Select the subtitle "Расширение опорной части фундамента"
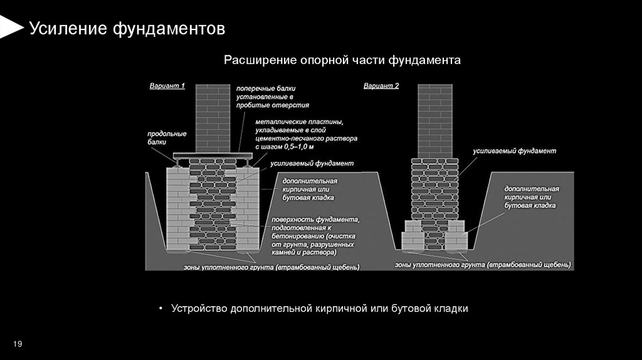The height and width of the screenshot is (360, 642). point(342,60)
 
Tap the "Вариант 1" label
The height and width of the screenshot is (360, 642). point(167,86)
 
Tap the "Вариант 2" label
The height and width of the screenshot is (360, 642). point(381,86)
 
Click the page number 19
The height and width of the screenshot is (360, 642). point(18,344)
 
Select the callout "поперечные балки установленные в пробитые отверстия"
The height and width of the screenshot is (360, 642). point(272,97)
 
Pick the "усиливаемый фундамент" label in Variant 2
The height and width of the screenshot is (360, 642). point(515,151)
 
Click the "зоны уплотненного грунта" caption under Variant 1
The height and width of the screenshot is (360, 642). point(271,268)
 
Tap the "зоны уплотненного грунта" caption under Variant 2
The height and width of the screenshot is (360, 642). point(483,265)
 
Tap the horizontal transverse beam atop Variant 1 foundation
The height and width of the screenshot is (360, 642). point(213,154)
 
